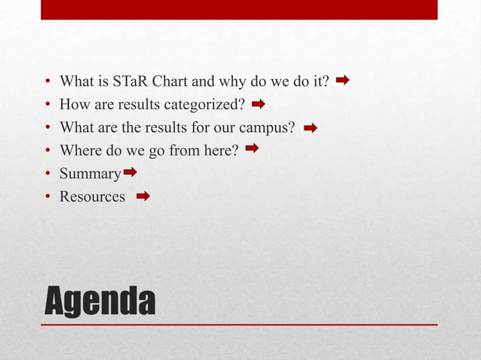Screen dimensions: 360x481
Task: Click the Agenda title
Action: point(100,301)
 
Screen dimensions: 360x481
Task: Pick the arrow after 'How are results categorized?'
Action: point(259,102)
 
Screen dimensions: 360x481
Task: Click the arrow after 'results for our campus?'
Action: point(310,127)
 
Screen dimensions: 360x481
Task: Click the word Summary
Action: point(90,175)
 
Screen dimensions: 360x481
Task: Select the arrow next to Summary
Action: point(130,173)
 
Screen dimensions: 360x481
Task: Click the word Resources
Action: point(92,197)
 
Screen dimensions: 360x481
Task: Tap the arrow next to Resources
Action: point(142,197)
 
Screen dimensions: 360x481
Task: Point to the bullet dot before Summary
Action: point(47,175)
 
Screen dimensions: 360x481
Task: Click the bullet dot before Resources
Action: point(47,198)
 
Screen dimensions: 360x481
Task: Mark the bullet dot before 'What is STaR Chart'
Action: point(47,81)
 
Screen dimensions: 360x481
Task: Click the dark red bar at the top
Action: point(239,10)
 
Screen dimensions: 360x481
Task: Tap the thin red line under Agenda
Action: point(239,325)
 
